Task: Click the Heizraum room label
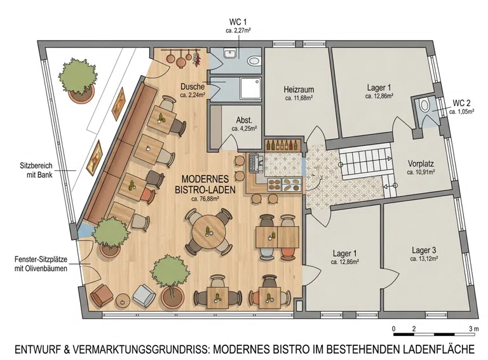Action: [x=299, y=90]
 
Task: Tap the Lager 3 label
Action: [x=424, y=250]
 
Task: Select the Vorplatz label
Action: [x=421, y=164]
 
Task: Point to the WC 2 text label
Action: [x=461, y=103]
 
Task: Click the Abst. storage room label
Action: [x=244, y=120]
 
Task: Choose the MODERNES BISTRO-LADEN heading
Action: [x=205, y=184]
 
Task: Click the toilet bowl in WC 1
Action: [x=254, y=61]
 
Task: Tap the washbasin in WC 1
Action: [x=230, y=53]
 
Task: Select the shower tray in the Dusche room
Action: [x=250, y=89]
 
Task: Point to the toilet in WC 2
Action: [x=424, y=105]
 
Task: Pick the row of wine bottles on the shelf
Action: [x=283, y=145]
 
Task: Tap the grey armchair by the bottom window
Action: [x=144, y=295]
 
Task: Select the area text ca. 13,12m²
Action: [x=424, y=258]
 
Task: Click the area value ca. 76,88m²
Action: [x=205, y=199]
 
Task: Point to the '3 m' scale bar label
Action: [x=474, y=329]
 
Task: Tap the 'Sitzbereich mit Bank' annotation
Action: [x=36, y=170]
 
